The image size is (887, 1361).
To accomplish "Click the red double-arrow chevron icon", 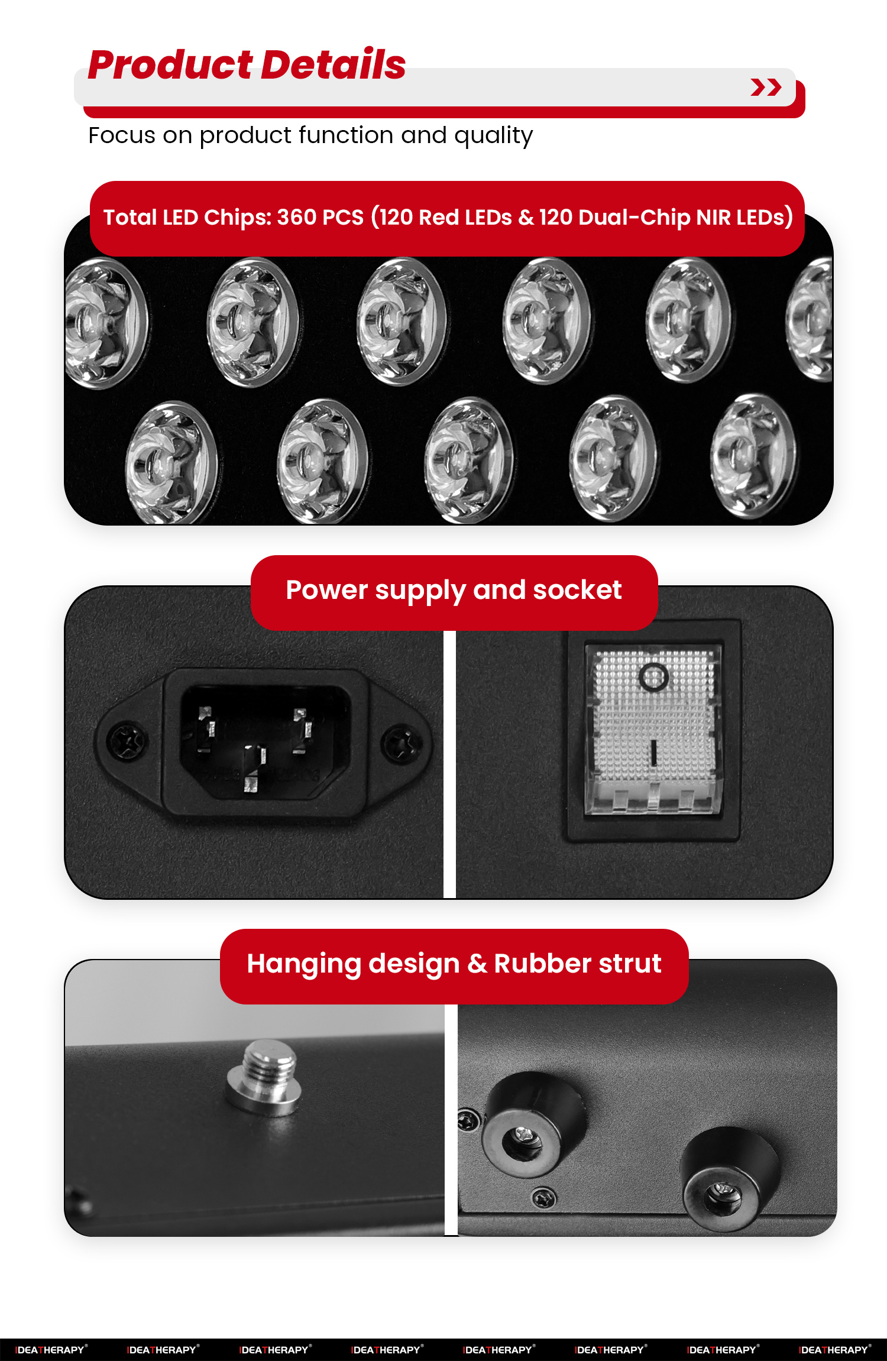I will point(766,87).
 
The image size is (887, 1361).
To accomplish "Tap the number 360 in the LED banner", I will point(297,218).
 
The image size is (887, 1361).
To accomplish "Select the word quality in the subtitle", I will point(493,136).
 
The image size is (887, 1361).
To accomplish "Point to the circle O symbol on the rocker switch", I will point(653,676).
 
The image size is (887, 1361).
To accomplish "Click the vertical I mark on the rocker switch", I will point(653,752).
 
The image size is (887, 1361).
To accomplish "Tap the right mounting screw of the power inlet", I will point(402,744).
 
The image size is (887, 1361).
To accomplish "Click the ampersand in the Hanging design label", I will point(477,964).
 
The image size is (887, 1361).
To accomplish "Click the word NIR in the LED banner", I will point(713,218).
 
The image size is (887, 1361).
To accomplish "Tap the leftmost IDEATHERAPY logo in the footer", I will point(51,1350).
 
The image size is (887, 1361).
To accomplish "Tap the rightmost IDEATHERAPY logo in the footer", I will point(834,1350).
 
